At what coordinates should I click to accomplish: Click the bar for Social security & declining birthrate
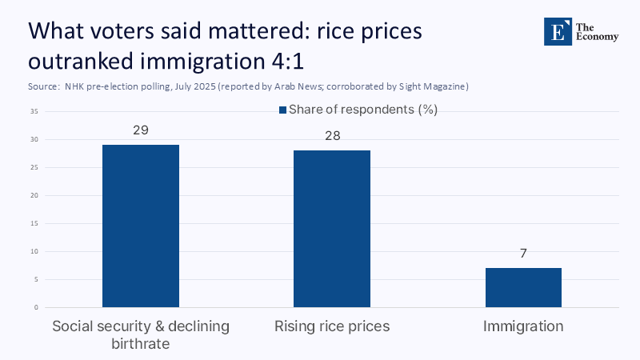click(141, 226)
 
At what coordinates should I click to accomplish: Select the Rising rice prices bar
click(332, 229)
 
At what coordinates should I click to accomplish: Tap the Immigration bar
click(523, 287)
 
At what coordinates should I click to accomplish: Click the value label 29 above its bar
click(141, 130)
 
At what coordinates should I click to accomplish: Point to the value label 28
click(332, 135)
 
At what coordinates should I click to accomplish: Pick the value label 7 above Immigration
click(523, 253)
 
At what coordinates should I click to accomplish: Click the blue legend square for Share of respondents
click(282, 110)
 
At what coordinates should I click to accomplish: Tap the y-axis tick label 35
click(34, 112)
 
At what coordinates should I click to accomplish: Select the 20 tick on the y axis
click(34, 195)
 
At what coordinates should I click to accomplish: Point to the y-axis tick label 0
click(36, 307)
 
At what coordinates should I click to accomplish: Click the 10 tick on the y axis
click(34, 251)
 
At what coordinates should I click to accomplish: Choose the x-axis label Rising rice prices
click(332, 326)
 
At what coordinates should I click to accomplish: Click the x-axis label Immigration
click(523, 326)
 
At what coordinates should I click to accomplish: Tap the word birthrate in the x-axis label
click(141, 343)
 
